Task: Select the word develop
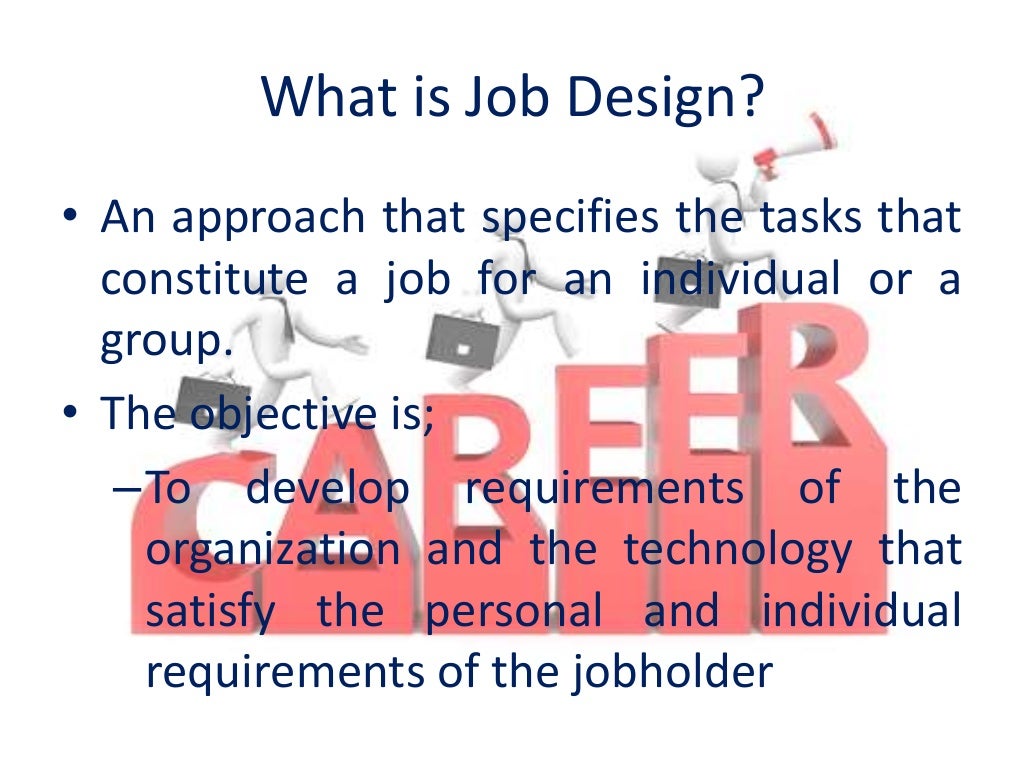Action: [x=328, y=490]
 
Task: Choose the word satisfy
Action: [x=210, y=613]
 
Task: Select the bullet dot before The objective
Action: [x=75, y=414]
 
